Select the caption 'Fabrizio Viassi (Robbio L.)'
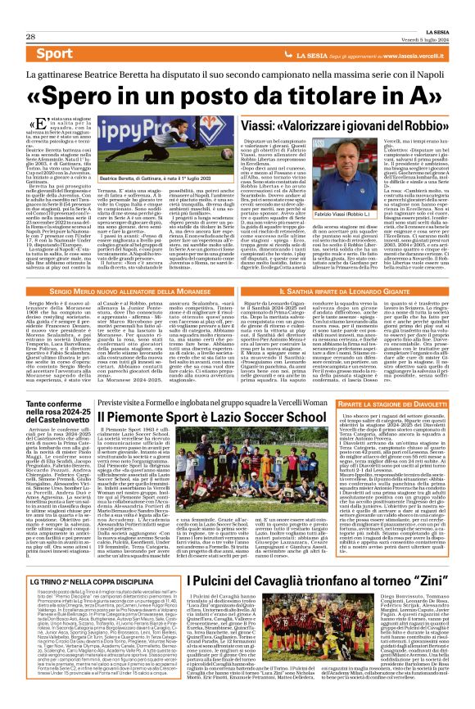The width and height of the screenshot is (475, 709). point(423,190)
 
